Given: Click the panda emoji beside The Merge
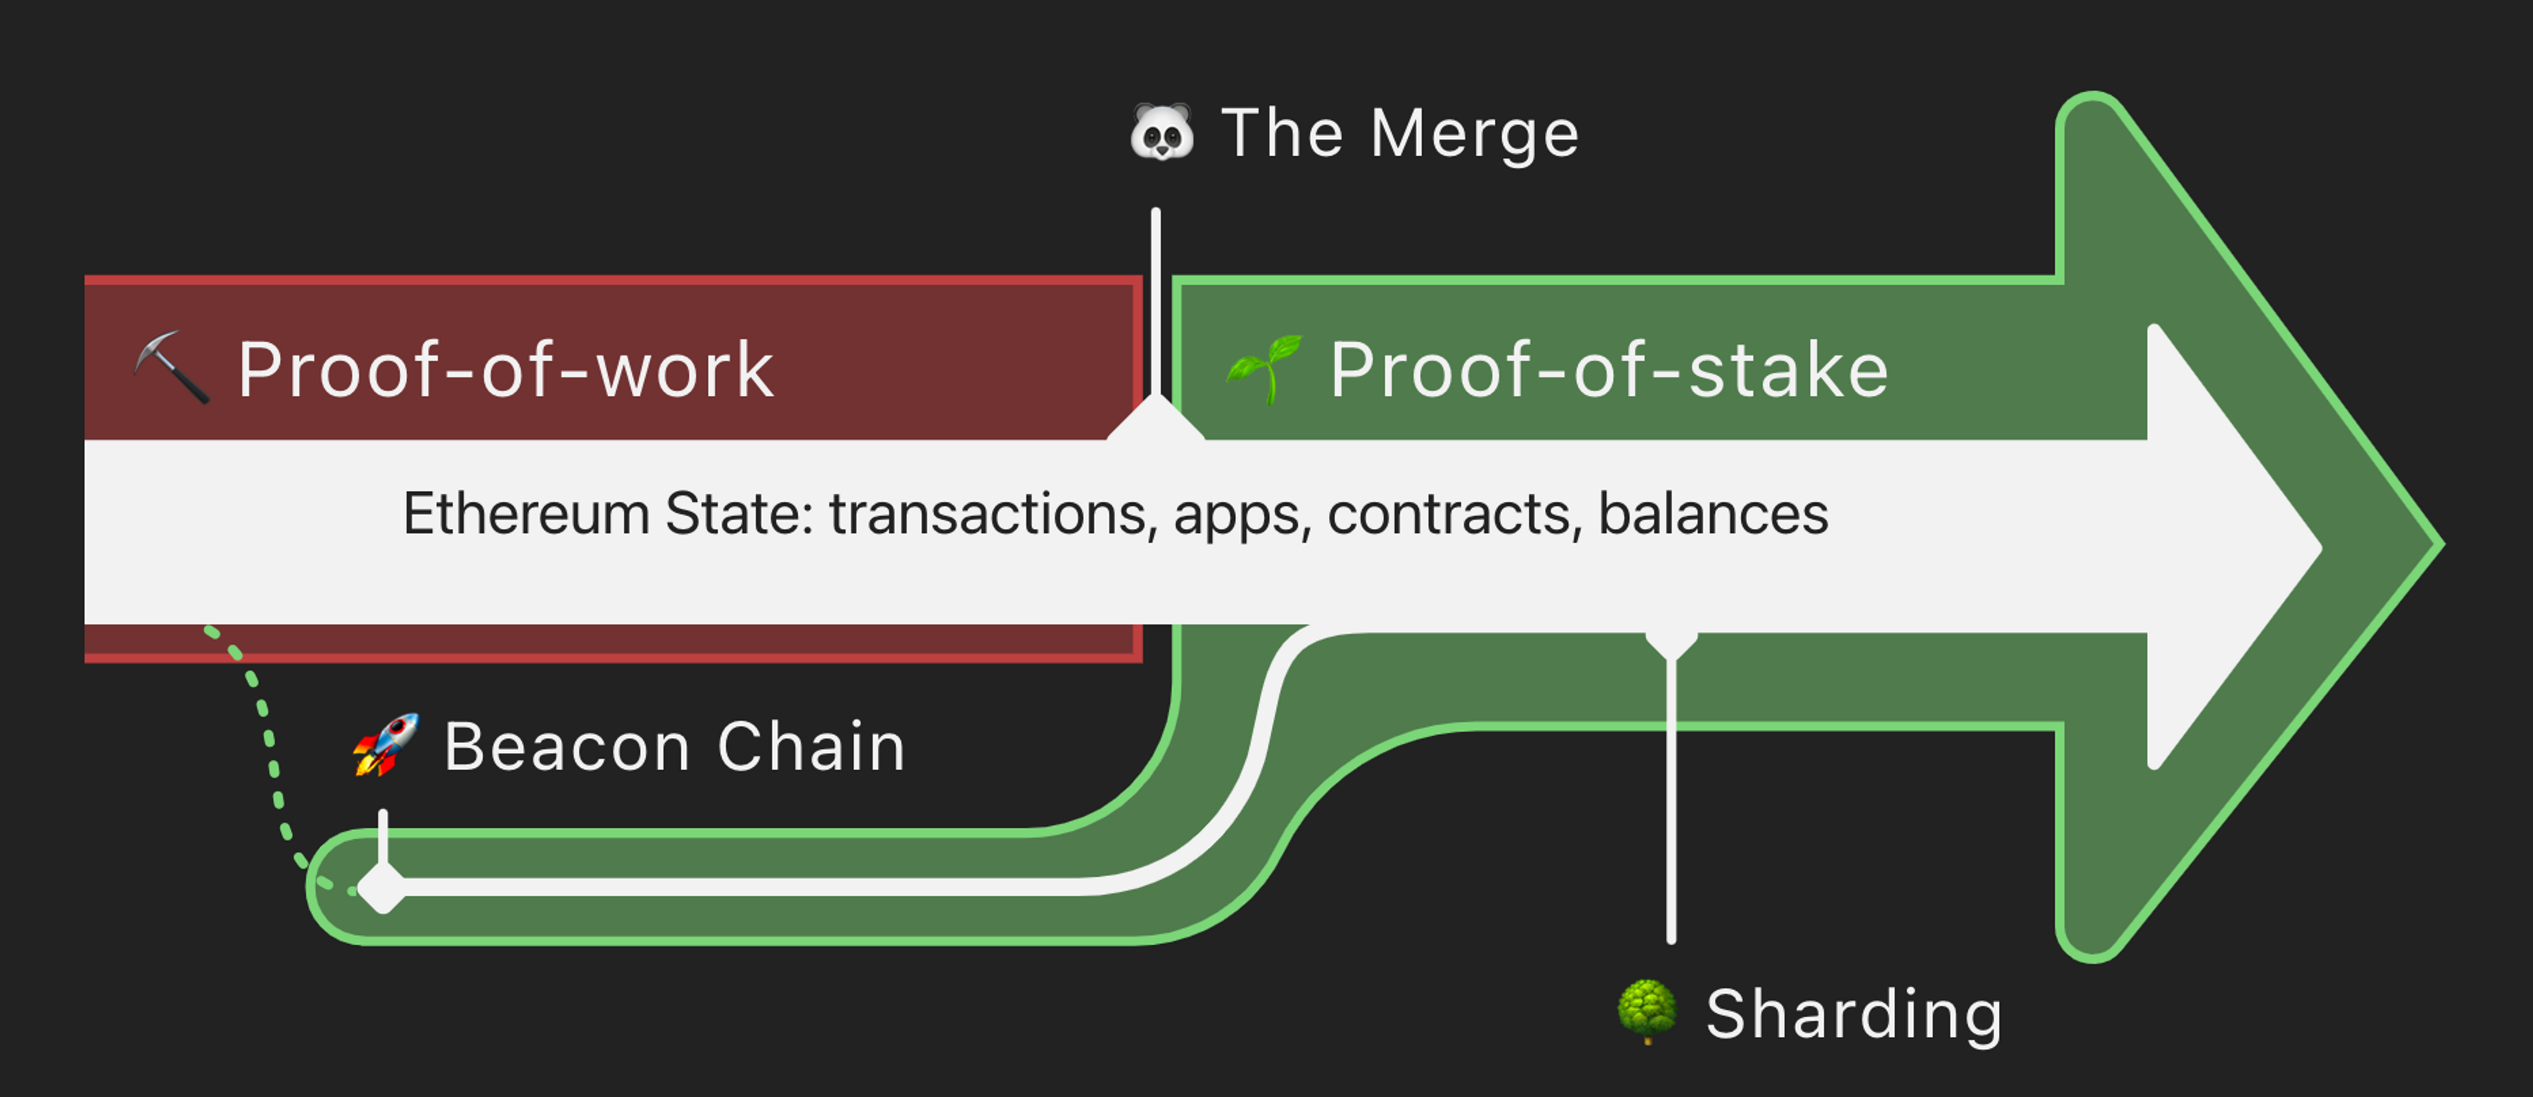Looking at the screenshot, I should click(x=1161, y=133).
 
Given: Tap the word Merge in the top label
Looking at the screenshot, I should click(x=1474, y=134).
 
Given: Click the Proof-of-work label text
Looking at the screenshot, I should click(x=505, y=371).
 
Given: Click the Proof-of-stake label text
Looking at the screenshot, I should click(x=1609, y=371).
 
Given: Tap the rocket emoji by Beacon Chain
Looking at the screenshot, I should click(x=387, y=745).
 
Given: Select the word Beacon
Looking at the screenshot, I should click(x=567, y=747).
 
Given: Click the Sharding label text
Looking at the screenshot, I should click(x=1854, y=1015).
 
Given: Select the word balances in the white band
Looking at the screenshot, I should click(x=1713, y=514).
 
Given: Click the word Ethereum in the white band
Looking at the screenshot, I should click(x=526, y=514).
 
